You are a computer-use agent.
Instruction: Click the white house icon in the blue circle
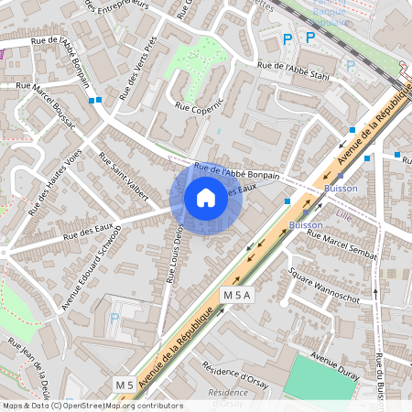click(x=205, y=197)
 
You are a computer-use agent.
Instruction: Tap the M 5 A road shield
click(x=235, y=295)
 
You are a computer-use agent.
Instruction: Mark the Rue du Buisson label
click(x=378, y=371)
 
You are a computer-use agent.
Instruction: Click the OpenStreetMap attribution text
click(x=92, y=406)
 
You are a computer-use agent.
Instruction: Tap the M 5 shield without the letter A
click(x=125, y=384)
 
